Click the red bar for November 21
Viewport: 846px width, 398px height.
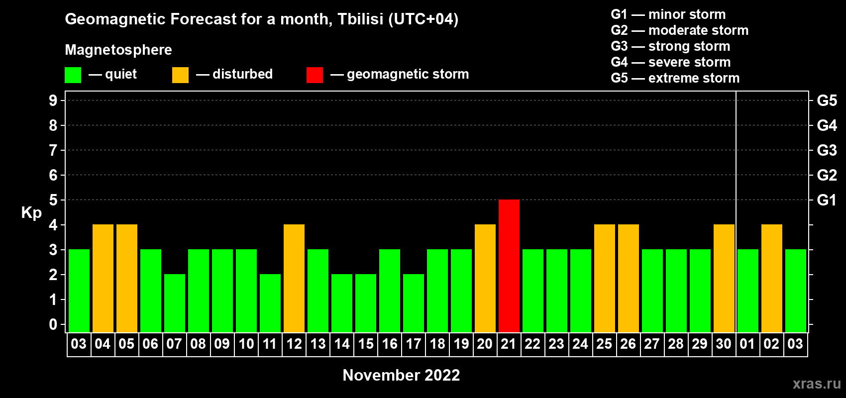pos(509,266)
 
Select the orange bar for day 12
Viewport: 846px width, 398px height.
pos(294,278)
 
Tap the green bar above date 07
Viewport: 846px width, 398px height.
pos(175,303)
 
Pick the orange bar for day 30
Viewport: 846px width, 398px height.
pos(724,278)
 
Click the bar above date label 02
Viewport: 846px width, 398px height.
pos(771,278)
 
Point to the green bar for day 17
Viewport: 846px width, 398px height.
pos(413,303)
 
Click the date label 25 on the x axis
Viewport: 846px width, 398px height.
pos(604,344)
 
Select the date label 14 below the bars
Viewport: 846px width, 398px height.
pos(342,344)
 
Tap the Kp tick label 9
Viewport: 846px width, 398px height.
pos(53,100)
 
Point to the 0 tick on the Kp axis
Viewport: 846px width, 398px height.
pos(53,324)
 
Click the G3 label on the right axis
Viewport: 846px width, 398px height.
pos(827,150)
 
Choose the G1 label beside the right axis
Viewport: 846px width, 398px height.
pos(827,200)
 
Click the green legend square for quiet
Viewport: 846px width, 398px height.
pos(73,75)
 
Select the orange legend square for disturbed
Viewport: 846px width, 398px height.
pos(180,75)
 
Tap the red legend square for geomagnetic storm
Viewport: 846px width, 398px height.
pos(315,75)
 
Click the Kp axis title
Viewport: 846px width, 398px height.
pos(31,212)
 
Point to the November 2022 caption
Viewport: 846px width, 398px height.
pos(401,375)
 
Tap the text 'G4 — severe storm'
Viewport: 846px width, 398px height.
pos(671,62)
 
